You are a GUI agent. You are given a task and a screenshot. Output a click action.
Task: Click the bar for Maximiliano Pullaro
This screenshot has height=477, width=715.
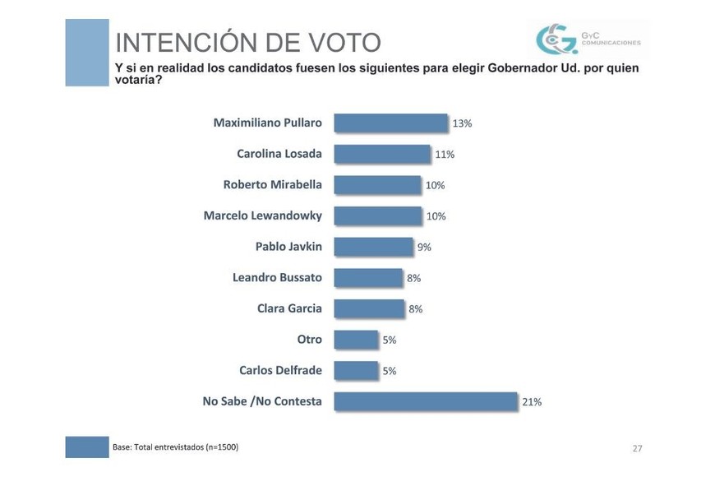click(x=390, y=123)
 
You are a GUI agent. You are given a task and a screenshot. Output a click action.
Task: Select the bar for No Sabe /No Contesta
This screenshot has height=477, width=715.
click(x=426, y=401)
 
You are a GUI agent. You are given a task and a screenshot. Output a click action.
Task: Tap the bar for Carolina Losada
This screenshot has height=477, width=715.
click(x=382, y=154)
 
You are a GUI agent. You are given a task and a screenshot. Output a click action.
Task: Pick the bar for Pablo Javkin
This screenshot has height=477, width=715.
click(x=373, y=247)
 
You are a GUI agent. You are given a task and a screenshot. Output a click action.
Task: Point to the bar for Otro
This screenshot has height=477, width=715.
click(x=356, y=340)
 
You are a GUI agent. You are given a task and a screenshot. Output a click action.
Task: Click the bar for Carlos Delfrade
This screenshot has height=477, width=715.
click(x=356, y=370)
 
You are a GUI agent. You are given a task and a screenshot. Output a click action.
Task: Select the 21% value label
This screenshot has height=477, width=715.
click(x=532, y=402)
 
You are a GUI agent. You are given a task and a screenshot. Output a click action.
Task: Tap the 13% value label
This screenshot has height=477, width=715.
click(x=462, y=123)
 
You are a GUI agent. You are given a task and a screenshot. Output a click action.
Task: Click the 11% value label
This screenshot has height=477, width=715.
click(x=445, y=155)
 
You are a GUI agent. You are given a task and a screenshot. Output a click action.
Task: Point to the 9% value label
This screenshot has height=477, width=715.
click(x=424, y=247)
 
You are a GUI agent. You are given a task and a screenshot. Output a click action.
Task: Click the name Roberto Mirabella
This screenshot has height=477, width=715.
click(x=272, y=185)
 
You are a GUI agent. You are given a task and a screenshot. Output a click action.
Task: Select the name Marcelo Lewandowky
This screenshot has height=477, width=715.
click(x=262, y=215)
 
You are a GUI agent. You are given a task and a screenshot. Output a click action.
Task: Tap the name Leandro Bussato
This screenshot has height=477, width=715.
click(x=277, y=278)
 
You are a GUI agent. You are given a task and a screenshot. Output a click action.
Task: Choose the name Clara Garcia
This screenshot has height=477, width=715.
click(x=289, y=308)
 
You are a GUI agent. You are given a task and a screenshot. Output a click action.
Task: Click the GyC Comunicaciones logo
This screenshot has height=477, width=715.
click(x=587, y=39)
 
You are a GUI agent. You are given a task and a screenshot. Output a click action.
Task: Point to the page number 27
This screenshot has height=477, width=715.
click(x=637, y=448)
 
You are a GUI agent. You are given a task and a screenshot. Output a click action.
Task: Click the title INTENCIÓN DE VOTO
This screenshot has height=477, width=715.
click(x=247, y=42)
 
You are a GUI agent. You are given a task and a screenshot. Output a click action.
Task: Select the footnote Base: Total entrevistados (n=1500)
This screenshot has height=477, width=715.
click(x=175, y=447)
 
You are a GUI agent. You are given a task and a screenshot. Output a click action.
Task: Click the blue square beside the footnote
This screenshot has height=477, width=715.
click(x=87, y=447)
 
